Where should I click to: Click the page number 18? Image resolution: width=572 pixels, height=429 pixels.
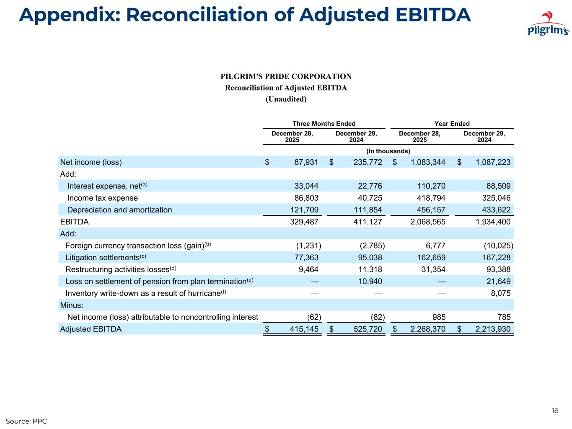click(x=555, y=411)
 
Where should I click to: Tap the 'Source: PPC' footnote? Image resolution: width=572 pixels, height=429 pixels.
click(x=26, y=421)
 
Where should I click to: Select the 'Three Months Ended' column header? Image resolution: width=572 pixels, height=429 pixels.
click(x=324, y=124)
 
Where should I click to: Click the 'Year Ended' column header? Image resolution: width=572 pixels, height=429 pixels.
click(x=452, y=124)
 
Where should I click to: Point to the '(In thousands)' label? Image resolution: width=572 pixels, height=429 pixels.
click(x=388, y=151)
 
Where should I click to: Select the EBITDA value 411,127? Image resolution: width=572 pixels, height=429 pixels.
click(x=368, y=222)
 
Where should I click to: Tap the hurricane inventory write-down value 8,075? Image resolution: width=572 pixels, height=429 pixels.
click(x=500, y=293)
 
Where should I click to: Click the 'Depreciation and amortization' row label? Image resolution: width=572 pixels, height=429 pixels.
click(x=119, y=210)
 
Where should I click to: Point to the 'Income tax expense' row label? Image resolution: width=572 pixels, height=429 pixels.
click(x=102, y=198)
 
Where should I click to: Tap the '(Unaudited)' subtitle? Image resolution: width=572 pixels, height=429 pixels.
click(x=286, y=99)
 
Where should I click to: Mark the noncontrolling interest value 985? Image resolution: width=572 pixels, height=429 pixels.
click(x=438, y=317)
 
